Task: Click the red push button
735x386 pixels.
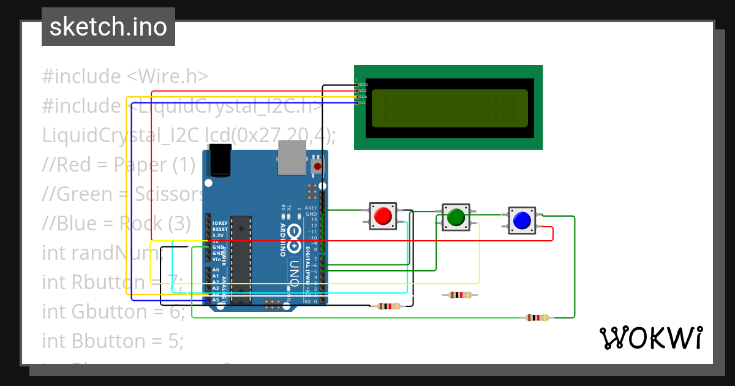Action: (383, 216)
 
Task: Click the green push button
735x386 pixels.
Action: (456, 217)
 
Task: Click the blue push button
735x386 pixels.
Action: (522, 221)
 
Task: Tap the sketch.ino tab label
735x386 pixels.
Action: (108, 27)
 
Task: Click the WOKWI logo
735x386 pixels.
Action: (650, 338)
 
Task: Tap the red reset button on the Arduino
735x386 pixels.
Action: (317, 166)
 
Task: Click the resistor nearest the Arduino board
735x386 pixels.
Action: (389, 306)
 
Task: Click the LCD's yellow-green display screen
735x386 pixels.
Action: (450, 108)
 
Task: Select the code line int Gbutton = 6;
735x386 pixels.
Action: (113, 311)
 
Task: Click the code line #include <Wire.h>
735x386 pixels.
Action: (126, 77)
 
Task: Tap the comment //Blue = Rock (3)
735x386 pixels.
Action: (116, 223)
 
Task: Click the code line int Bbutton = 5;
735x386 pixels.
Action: (113, 340)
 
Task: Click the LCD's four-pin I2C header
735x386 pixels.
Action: (356, 93)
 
